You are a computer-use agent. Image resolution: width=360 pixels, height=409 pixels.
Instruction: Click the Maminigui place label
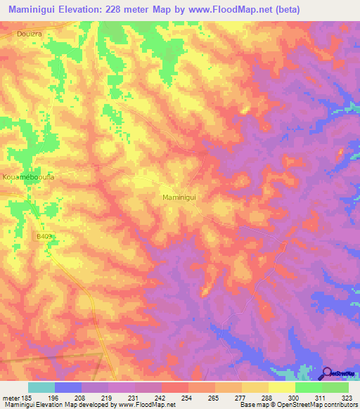click(183, 198)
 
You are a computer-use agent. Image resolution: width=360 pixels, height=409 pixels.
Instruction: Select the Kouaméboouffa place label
click(29, 177)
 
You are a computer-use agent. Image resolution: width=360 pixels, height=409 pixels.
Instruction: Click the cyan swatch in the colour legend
click(41, 387)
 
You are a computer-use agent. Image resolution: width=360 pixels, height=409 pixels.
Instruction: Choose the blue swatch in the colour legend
click(68, 387)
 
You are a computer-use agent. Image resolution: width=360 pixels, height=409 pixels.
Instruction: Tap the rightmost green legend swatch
click(335, 387)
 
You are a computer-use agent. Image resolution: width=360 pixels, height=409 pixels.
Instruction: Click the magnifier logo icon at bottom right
click(328, 373)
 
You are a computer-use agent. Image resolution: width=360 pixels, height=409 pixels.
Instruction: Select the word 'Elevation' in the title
click(84, 10)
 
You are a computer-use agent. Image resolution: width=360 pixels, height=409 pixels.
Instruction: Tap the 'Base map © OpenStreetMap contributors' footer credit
click(297, 405)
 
